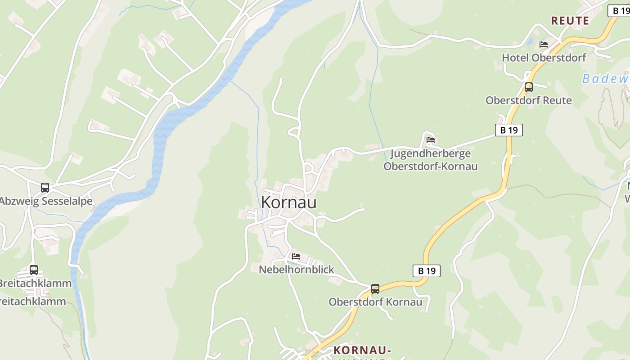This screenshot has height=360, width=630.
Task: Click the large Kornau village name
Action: coord(288,202)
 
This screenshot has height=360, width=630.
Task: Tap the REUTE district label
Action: coord(570,21)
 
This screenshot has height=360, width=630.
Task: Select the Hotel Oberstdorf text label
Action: coord(544,58)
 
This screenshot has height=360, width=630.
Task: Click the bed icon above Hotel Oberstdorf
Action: coord(544,44)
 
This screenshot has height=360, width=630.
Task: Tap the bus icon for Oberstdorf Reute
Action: coord(528,87)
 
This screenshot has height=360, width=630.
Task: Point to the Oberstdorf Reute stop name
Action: coord(528,100)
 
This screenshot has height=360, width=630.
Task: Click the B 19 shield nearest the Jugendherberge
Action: coord(509,130)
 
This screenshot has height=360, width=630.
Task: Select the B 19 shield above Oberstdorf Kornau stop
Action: coord(426,270)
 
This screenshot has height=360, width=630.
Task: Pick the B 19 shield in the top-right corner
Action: coord(620,11)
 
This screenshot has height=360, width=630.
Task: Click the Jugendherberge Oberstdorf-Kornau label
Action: coord(430,160)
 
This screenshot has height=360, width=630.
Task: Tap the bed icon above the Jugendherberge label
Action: coord(431,140)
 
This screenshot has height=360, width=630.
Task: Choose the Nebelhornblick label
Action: coord(297,270)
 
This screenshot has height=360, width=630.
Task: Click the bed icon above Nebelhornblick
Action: coord(296,256)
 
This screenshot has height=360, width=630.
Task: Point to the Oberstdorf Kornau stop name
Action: coord(375,302)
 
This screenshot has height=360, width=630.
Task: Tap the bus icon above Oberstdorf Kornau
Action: coord(375,289)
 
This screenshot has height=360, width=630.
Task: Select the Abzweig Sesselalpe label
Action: coord(46,201)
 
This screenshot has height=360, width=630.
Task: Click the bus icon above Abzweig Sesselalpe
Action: coord(45,188)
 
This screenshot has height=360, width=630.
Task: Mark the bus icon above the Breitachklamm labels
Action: coord(34,270)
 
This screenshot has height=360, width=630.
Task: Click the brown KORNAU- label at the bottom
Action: coord(362,350)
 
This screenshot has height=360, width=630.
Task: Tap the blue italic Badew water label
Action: coord(605,79)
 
